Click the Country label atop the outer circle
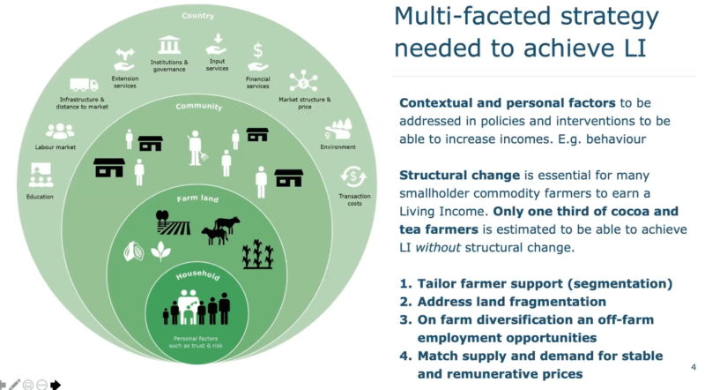tap(199, 16)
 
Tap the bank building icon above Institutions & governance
tap(168, 44)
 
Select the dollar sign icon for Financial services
tap(258, 50)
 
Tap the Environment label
tap(338, 147)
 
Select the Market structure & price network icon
tap(303, 80)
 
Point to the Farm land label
tap(199, 199)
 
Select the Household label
tap(199, 276)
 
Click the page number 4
tap(693, 364)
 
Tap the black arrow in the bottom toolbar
tap(56, 384)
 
